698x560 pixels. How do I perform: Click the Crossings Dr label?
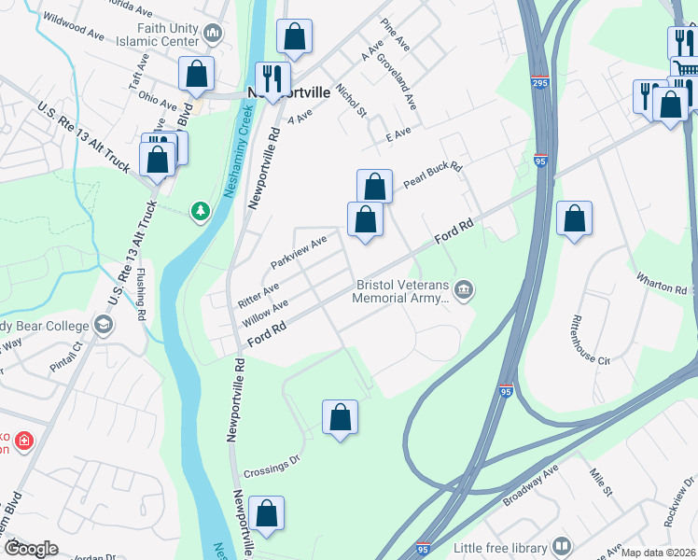(x=271, y=459)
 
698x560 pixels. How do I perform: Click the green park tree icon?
(x=200, y=212)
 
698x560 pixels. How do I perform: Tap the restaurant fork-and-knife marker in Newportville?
(x=272, y=76)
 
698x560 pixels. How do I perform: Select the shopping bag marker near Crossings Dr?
(x=341, y=417)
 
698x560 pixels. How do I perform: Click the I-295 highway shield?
(x=538, y=82)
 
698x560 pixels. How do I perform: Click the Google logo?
(x=30, y=549)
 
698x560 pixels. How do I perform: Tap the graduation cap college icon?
(x=104, y=326)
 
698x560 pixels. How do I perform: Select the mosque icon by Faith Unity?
(x=214, y=35)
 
